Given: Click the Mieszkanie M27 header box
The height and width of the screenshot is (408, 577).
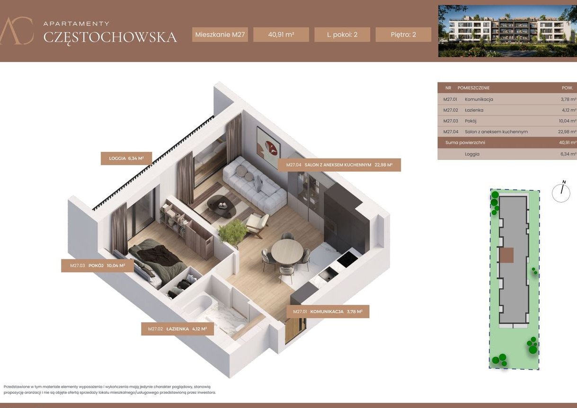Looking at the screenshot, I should click(x=220, y=35).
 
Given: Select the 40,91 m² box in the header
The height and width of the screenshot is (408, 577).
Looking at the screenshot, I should click(x=281, y=35).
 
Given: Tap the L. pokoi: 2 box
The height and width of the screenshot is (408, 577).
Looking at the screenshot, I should click(x=342, y=35).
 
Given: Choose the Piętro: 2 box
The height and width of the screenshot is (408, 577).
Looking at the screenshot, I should click(x=403, y=35).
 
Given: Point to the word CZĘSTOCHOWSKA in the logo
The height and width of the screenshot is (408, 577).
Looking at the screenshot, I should click(x=110, y=37).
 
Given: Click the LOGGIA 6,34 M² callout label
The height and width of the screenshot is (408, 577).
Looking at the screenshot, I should click(x=126, y=158).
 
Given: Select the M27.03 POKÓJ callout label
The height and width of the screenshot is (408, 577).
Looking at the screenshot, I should click(x=97, y=266).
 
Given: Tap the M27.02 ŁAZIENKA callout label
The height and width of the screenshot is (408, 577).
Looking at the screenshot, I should click(x=177, y=329).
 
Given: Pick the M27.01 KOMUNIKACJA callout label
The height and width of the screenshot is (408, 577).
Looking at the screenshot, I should click(x=328, y=311).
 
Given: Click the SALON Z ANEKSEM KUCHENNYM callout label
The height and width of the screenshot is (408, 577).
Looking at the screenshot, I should click(x=339, y=165).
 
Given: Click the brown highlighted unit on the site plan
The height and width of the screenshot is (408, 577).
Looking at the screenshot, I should click(x=507, y=255).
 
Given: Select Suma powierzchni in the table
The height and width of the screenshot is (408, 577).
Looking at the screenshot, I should click(x=465, y=142).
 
